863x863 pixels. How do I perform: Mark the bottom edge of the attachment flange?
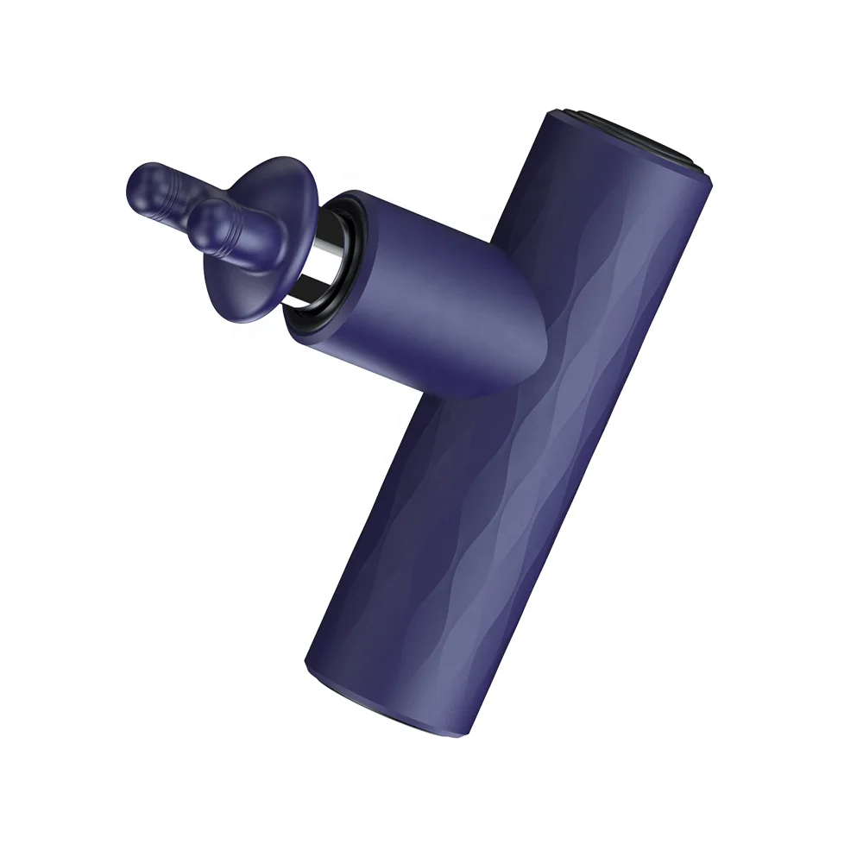pyautogui.click(x=250, y=312)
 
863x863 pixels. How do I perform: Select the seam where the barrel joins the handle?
pyautogui.click(x=509, y=285)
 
